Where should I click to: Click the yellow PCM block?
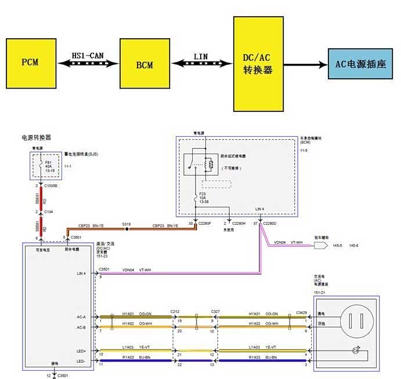click(x=31, y=62)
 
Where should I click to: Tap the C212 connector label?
click(x=175, y=312)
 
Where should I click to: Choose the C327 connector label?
click(x=215, y=312)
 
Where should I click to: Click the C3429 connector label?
click(x=302, y=312)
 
